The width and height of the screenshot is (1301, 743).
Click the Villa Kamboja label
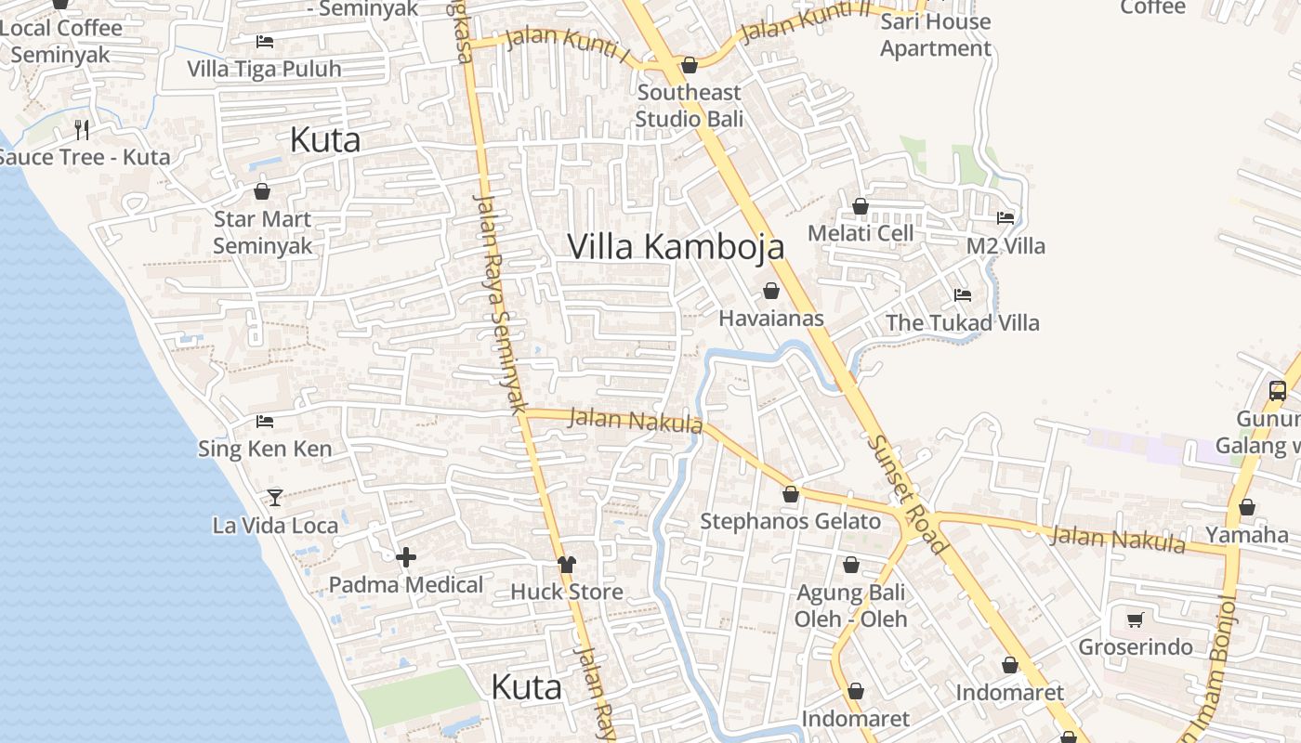tap(676, 247)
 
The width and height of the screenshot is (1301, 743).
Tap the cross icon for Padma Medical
tap(406, 557)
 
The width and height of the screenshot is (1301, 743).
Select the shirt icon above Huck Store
tap(567, 564)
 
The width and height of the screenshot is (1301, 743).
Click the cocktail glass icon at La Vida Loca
tap(275, 498)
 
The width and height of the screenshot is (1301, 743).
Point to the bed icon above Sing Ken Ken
tap(265, 421)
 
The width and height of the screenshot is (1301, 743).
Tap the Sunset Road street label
tap(907, 493)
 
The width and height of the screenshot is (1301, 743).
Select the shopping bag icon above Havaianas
tap(771, 291)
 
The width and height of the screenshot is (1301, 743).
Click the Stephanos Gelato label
tap(790, 521)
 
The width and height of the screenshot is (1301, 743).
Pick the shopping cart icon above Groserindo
tap(1135, 619)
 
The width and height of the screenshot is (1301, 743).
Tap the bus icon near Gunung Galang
tap(1278, 390)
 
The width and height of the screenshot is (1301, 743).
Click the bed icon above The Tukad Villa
tap(963, 295)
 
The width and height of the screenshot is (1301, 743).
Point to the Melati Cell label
tap(861, 233)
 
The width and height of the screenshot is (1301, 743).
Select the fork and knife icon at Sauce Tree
tap(82, 129)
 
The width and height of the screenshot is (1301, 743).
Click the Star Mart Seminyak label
tap(263, 232)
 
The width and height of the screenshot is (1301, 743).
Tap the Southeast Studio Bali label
tap(690, 105)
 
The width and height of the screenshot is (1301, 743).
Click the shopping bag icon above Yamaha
tap(1247, 507)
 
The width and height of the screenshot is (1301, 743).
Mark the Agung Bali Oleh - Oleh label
tap(850, 605)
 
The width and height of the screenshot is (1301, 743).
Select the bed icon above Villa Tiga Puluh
tap(265, 42)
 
